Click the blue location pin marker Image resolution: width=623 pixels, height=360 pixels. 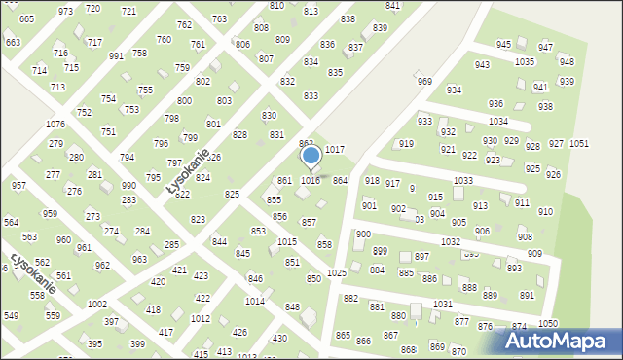(x=311, y=156)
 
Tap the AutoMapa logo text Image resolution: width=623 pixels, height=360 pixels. (x=564, y=342)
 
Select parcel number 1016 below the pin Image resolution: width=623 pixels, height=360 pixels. (x=311, y=181)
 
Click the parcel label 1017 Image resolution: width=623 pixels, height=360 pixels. (x=334, y=149)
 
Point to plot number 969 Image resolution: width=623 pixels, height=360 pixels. (x=424, y=82)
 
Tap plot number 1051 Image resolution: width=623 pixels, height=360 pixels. (x=579, y=143)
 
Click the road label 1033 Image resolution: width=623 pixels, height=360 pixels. (x=463, y=180)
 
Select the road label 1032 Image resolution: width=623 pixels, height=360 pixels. (x=450, y=240)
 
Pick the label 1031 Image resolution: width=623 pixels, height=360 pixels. (x=443, y=304)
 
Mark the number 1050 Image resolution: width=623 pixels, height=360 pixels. (x=548, y=323)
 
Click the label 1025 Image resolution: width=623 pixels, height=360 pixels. (x=337, y=273)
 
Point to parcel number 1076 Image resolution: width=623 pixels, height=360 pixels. (x=55, y=125)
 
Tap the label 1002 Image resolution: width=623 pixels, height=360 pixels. (x=97, y=305)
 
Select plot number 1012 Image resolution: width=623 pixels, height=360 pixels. (x=201, y=318)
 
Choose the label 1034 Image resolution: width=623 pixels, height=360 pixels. (x=498, y=121)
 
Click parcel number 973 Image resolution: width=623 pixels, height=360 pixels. (x=65, y=11)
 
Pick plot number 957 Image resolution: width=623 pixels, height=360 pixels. (x=18, y=185)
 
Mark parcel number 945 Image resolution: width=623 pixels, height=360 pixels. (x=503, y=45)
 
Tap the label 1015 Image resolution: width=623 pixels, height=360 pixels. (x=286, y=241)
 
